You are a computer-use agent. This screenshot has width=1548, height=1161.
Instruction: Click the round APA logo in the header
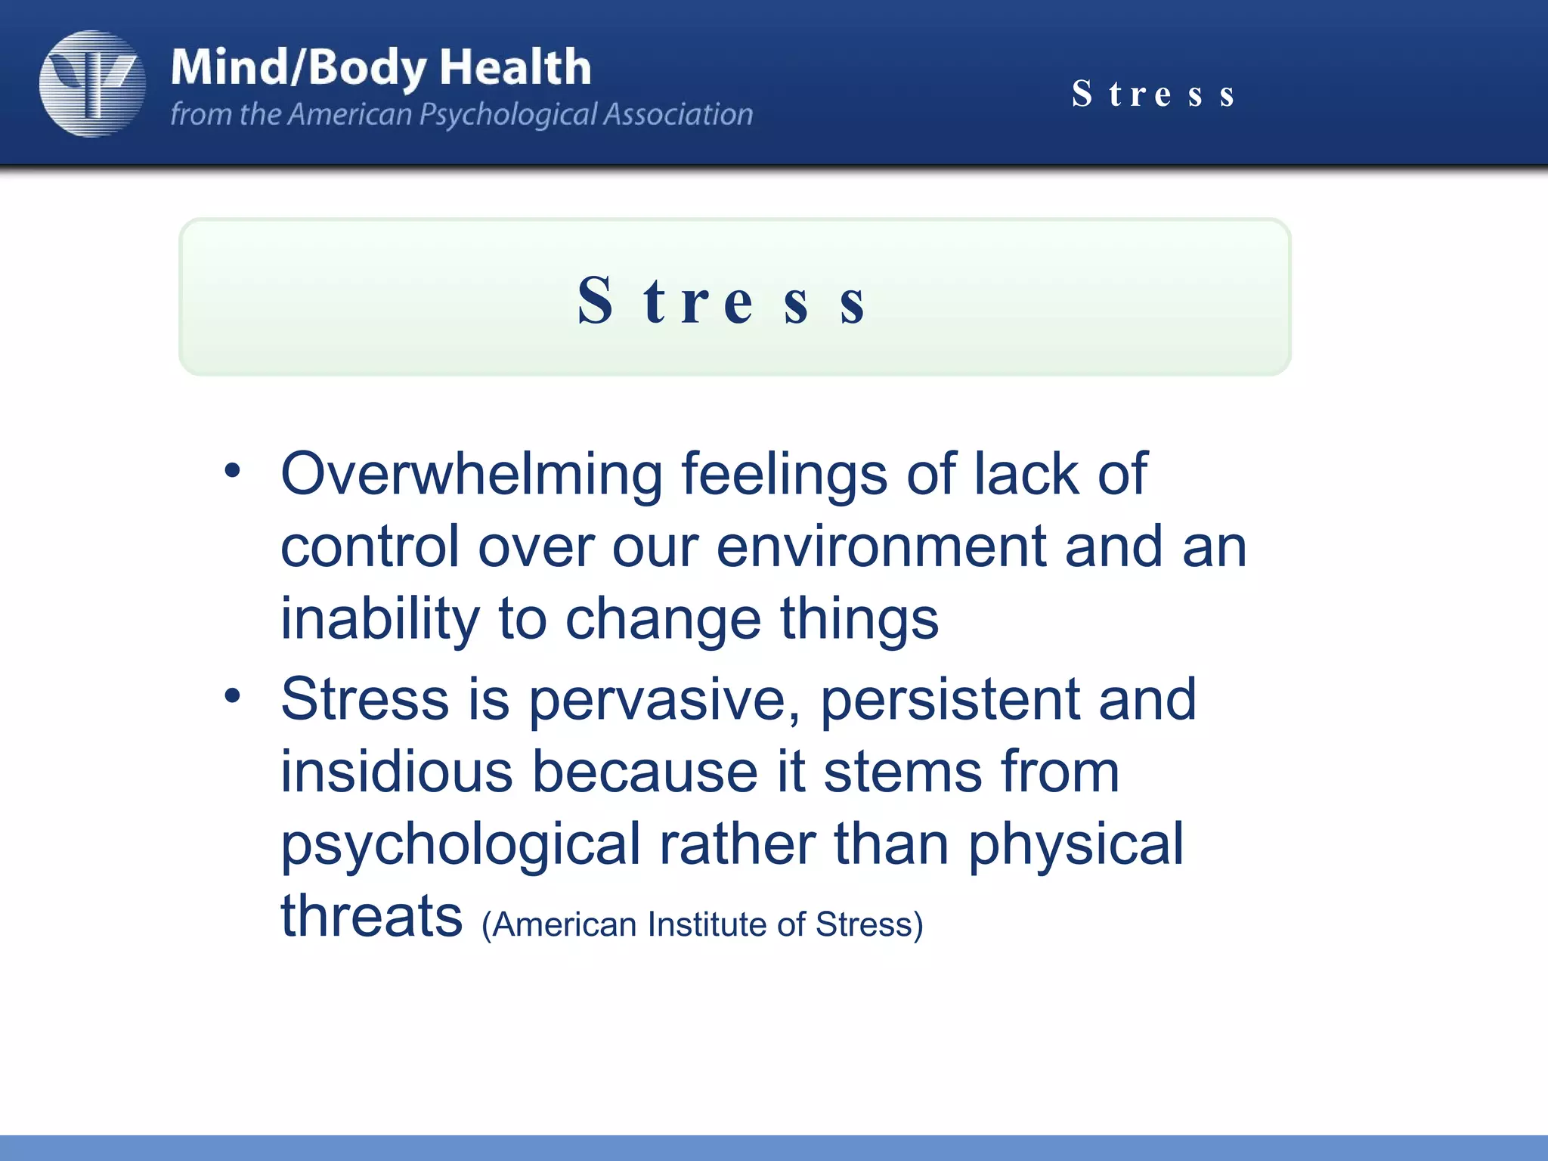[92, 84]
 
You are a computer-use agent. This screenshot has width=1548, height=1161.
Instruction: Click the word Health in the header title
[515, 67]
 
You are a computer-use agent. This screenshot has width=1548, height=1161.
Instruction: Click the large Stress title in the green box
[723, 301]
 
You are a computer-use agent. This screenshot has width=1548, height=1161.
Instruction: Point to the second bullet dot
[233, 695]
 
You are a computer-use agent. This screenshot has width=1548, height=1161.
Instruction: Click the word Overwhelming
[472, 475]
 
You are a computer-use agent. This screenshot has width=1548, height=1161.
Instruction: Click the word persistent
[949, 700]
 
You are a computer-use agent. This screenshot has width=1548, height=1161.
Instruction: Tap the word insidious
[396, 772]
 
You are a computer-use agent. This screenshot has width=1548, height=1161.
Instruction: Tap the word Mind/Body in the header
[299, 68]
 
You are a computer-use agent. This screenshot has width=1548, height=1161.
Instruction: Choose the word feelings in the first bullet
[784, 475]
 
